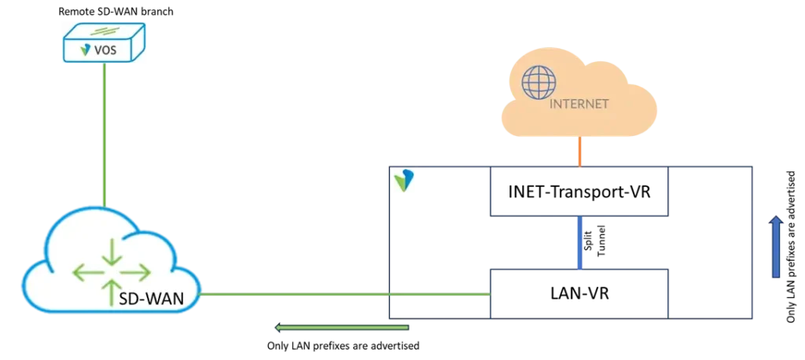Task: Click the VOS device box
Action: [105, 42]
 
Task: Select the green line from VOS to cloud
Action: [104, 134]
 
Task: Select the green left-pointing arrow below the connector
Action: [342, 326]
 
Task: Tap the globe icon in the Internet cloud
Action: [539, 82]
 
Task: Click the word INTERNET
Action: [579, 104]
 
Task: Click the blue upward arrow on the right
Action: [777, 248]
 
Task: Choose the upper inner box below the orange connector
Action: [580, 191]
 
